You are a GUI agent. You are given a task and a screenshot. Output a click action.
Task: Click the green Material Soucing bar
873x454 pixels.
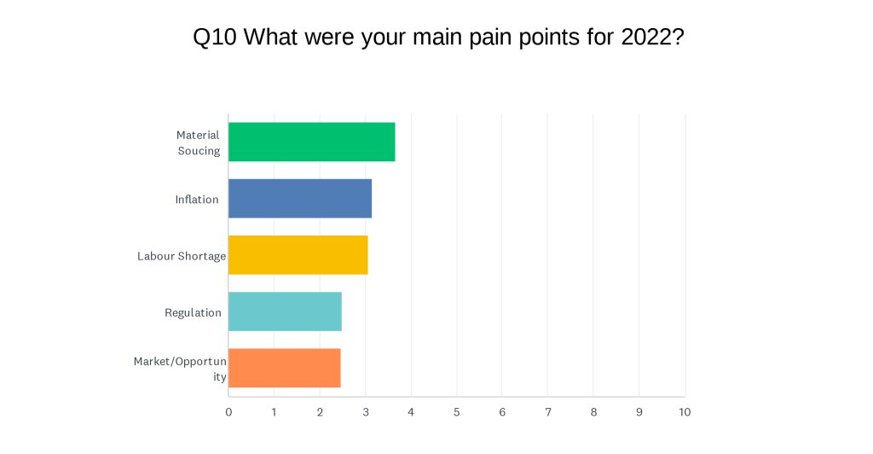pyautogui.click(x=312, y=142)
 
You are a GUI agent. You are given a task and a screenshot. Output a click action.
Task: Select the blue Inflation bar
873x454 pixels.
pyautogui.click(x=300, y=198)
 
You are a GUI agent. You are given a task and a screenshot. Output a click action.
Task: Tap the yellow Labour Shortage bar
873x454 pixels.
pyautogui.click(x=298, y=255)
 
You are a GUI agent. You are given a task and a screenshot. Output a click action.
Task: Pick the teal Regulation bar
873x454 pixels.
pyautogui.click(x=285, y=311)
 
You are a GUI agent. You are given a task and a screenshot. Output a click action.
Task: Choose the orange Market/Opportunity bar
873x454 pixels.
pyautogui.click(x=285, y=368)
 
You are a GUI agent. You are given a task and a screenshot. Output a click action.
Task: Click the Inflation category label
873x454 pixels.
pyautogui.click(x=197, y=200)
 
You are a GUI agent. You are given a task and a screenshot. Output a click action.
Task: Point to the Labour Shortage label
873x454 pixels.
pyautogui.click(x=182, y=256)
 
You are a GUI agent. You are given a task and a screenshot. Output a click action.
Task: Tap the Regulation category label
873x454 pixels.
pyautogui.click(x=194, y=312)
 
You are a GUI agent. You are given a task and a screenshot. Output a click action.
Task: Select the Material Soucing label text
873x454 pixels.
pyautogui.click(x=198, y=143)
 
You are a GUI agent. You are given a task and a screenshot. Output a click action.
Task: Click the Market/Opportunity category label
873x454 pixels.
pyautogui.click(x=181, y=369)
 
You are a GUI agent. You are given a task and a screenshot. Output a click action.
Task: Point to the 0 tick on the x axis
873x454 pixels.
pyautogui.click(x=228, y=412)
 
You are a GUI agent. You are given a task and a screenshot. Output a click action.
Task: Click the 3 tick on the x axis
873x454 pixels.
pyautogui.click(x=366, y=412)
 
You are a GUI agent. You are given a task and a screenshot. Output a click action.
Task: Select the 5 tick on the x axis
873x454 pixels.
pyautogui.click(x=457, y=412)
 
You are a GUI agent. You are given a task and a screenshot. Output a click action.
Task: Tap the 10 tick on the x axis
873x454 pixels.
pyautogui.click(x=685, y=412)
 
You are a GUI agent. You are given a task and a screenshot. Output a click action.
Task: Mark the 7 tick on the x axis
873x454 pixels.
pyautogui.click(x=548, y=412)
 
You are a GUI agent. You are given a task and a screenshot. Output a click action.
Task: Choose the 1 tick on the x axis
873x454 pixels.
pyautogui.click(x=274, y=412)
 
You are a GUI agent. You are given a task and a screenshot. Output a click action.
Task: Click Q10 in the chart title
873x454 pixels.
pyautogui.click(x=215, y=38)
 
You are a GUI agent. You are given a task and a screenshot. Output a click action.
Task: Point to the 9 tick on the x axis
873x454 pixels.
pyautogui.click(x=639, y=412)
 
